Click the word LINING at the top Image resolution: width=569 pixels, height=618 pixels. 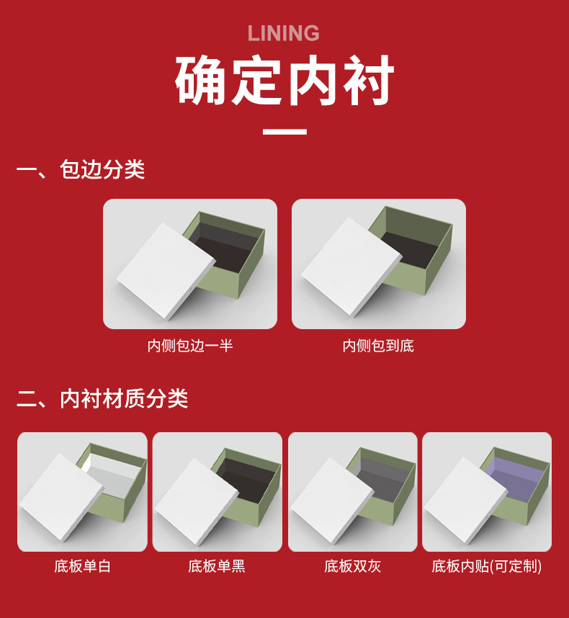pyautogui.click(x=283, y=33)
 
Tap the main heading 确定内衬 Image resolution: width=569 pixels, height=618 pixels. pyautogui.click(x=284, y=81)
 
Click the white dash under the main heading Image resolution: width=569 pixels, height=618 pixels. pyautogui.click(x=284, y=132)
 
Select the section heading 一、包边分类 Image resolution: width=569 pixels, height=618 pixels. pyautogui.click(x=81, y=170)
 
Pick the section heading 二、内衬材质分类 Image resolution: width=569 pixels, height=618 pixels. pyautogui.click(x=102, y=398)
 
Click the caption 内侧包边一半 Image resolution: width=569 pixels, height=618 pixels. pyautogui.click(x=190, y=346)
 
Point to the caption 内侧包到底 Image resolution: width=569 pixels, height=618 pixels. pyautogui.click(x=378, y=346)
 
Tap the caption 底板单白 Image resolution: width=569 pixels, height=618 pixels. pyautogui.click(x=82, y=566)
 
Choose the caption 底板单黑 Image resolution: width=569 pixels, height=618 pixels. pyautogui.click(x=217, y=566)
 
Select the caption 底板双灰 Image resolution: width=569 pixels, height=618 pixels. pyautogui.click(x=352, y=566)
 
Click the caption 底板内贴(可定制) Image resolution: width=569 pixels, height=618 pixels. pyautogui.click(x=487, y=566)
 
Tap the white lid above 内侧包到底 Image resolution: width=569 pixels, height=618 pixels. pyautogui.click(x=351, y=267)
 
